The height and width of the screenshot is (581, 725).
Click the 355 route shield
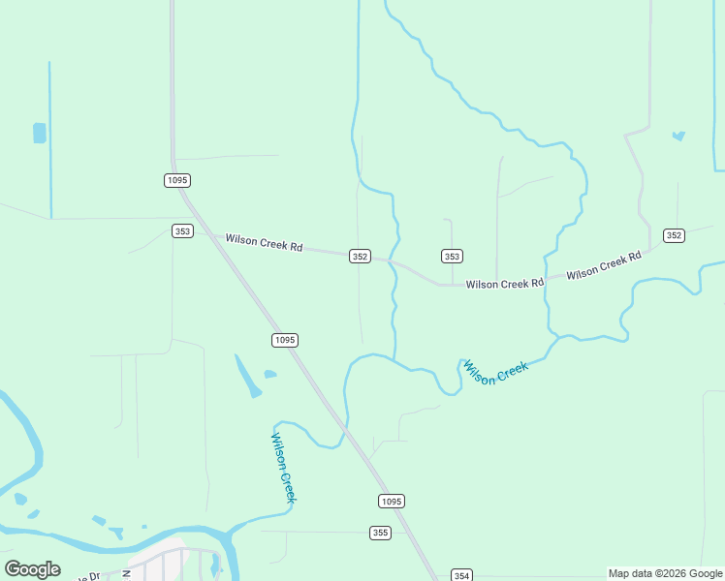[380, 533]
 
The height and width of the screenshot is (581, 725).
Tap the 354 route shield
[461, 575]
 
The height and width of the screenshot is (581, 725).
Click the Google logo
[33, 569]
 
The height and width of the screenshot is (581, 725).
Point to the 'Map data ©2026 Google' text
[666, 573]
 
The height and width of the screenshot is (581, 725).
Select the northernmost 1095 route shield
[176, 180]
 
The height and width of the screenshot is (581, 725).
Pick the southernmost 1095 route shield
[390, 501]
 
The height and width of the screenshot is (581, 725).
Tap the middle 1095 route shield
[284, 340]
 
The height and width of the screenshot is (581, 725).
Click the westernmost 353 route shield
[182, 230]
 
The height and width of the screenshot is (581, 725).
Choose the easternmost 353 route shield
[452, 256]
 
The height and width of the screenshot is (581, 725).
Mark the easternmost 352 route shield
[675, 235]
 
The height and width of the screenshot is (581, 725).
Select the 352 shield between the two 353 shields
[360, 256]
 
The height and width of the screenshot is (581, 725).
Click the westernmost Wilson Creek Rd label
[264, 242]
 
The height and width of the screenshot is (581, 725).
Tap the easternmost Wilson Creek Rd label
[605, 265]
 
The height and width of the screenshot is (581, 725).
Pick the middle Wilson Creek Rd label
[504, 284]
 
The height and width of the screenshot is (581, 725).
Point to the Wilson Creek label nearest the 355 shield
[282, 467]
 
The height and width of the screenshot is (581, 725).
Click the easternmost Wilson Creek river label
[495, 372]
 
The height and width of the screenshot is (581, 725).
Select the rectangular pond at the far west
[40, 133]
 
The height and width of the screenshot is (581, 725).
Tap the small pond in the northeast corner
[678, 136]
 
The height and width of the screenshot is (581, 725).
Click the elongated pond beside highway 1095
[248, 377]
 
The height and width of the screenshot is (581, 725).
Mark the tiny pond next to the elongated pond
[269, 374]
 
